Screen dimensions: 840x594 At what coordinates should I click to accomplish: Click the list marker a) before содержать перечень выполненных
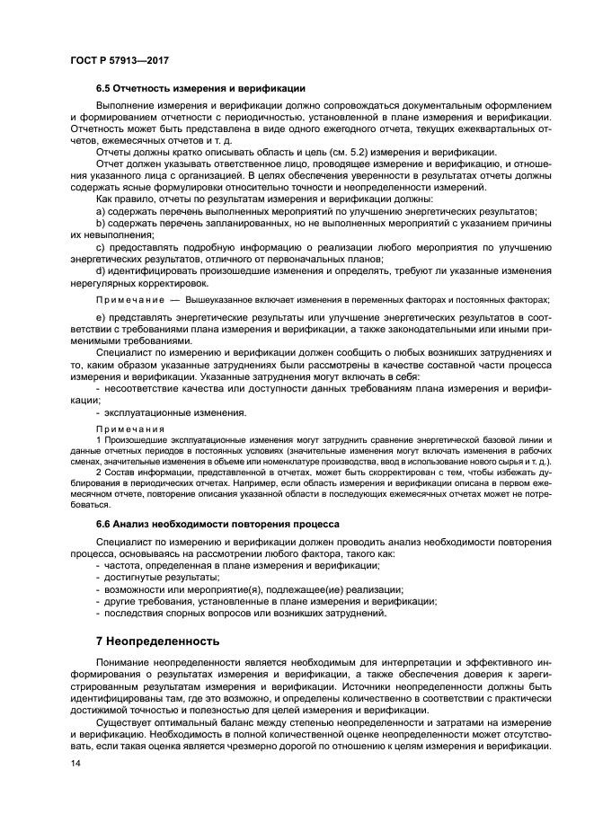[101, 210]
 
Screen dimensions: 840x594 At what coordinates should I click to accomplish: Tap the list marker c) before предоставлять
[101, 247]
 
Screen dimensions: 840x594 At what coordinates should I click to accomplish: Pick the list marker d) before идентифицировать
[101, 271]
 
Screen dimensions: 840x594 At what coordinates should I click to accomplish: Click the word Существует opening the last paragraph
[127, 722]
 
